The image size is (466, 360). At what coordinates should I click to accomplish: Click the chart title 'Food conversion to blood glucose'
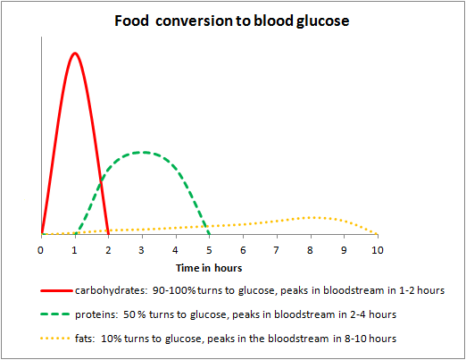pos(232,21)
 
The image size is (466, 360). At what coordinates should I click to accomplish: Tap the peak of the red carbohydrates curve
pos(75,53)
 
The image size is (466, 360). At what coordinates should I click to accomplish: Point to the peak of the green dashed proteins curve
pos(142,152)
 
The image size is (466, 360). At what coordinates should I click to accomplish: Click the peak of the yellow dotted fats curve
pos(311,217)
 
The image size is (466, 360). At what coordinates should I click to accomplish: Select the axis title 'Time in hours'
pos(209,266)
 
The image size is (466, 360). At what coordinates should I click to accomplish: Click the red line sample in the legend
pos(58,290)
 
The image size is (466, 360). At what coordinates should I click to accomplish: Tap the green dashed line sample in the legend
pos(58,314)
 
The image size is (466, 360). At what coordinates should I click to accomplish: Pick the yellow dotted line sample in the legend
pos(58,339)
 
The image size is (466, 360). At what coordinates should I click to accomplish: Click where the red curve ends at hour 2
pos(109,234)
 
